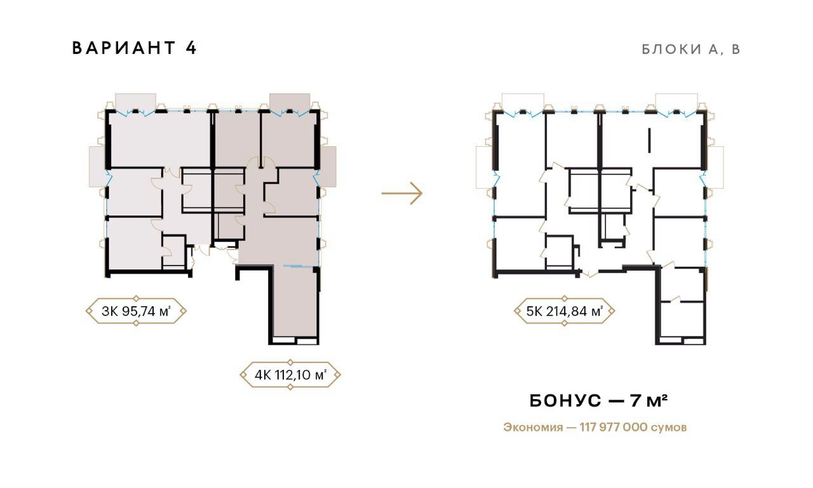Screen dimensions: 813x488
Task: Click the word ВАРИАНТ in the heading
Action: point(124,48)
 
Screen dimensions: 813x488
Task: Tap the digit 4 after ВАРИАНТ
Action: point(191,48)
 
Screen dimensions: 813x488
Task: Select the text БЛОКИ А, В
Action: point(690,50)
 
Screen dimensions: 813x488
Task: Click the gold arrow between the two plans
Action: point(402,193)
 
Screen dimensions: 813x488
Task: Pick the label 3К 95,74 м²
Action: point(136,311)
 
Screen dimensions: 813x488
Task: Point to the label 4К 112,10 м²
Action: point(290,375)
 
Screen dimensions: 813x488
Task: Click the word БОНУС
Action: point(565,401)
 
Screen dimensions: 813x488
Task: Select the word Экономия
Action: point(533,428)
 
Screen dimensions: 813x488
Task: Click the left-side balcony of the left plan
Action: point(97,166)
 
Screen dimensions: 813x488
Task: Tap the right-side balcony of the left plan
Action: point(327,166)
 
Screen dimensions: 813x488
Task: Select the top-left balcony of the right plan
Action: point(523,102)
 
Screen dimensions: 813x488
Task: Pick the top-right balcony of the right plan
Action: point(676,102)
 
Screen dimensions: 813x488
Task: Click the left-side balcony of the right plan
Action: point(485,167)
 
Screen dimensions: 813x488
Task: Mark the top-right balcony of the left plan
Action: point(290,102)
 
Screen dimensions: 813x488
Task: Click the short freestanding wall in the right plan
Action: point(648,140)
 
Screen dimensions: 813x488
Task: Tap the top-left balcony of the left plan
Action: point(135,102)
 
